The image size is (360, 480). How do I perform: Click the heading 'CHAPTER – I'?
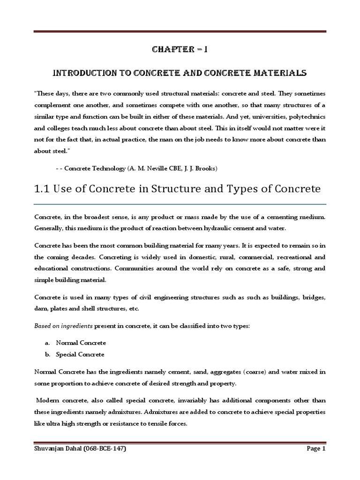180,50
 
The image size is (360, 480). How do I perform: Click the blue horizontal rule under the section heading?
180,204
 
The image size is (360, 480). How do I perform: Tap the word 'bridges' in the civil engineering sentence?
314,298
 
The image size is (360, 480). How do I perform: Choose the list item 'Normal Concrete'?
81,343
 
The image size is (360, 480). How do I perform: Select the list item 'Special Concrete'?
80,354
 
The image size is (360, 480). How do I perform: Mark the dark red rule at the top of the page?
180,32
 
